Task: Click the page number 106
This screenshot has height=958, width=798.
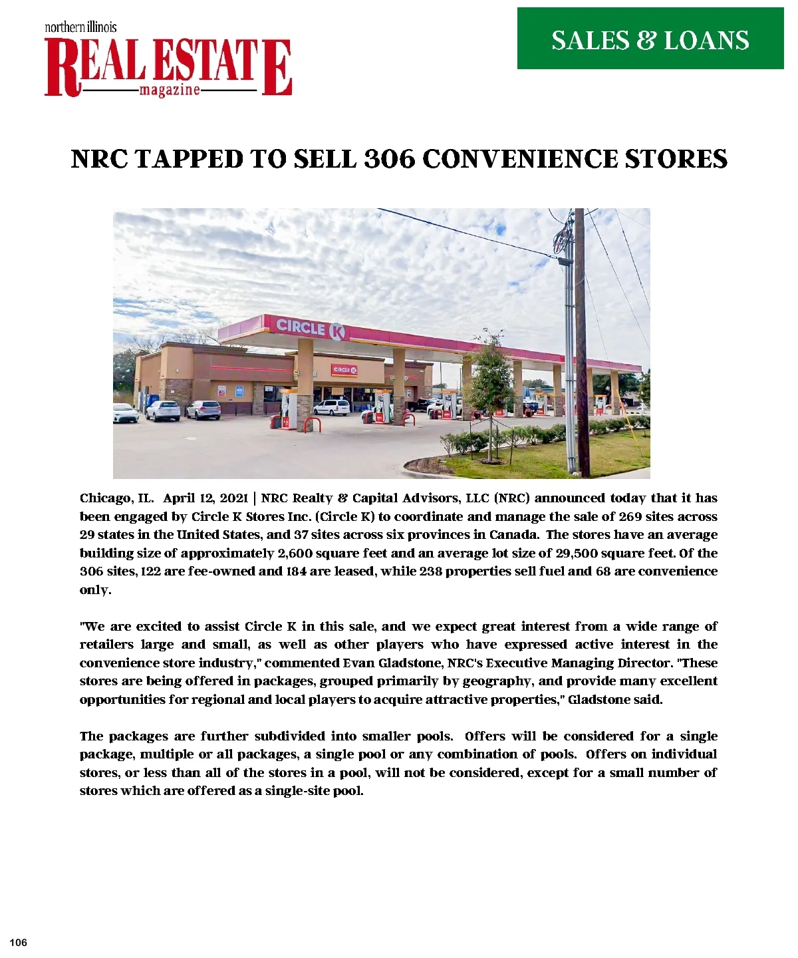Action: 19,943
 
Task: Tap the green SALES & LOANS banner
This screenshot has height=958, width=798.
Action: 650,39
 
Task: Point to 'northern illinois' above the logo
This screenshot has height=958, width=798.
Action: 80,27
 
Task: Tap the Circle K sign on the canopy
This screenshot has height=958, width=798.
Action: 311,328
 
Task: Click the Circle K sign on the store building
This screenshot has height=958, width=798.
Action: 344,370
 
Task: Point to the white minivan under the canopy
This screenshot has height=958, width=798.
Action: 331,407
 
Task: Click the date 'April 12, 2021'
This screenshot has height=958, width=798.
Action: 205,498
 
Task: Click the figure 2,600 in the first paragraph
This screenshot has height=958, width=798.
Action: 295,554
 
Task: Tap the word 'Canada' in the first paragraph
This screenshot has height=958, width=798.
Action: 514,535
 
